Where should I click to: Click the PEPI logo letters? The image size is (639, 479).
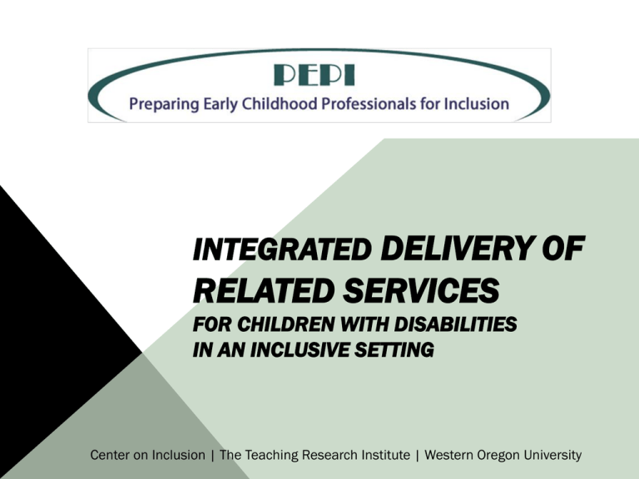pyautogui.click(x=315, y=75)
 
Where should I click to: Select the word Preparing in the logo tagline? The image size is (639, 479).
pyautogui.click(x=164, y=104)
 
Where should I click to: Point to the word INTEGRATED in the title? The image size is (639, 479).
pyautogui.click(x=282, y=249)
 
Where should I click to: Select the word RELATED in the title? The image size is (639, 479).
pyautogui.click(x=263, y=290)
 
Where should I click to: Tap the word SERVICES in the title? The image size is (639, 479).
pyautogui.click(x=421, y=290)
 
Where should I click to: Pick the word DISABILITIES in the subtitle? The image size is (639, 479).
pyautogui.click(x=455, y=324)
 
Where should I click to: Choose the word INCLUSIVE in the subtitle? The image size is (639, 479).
pyautogui.click(x=300, y=350)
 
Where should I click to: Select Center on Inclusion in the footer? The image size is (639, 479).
pyautogui.click(x=147, y=455)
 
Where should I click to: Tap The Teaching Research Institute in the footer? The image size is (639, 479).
pyautogui.click(x=315, y=455)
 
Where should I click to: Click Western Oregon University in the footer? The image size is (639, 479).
pyautogui.click(x=503, y=455)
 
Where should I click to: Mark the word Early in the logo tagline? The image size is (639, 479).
pyautogui.click(x=220, y=104)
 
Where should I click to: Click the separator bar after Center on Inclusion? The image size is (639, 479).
pyautogui.click(x=213, y=455)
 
